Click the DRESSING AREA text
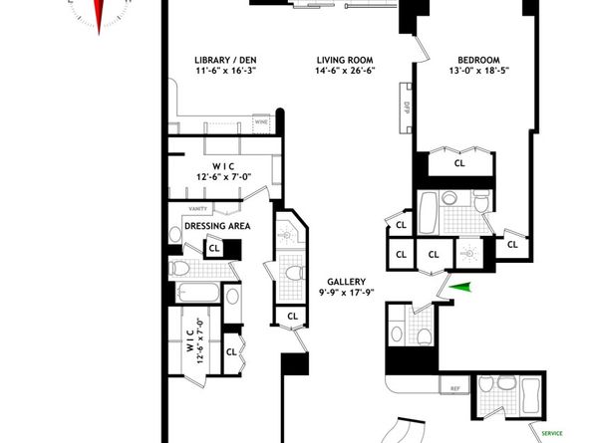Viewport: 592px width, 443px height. click(217, 227)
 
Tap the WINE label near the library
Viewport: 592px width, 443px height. click(262, 122)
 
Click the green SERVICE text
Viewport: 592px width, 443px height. click(551, 433)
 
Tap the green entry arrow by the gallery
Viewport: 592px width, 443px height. click(457, 289)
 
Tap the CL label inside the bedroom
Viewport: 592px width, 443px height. click(459, 162)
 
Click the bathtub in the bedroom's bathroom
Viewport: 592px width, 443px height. click(428, 213)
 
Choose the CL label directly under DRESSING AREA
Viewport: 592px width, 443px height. click(214, 246)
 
